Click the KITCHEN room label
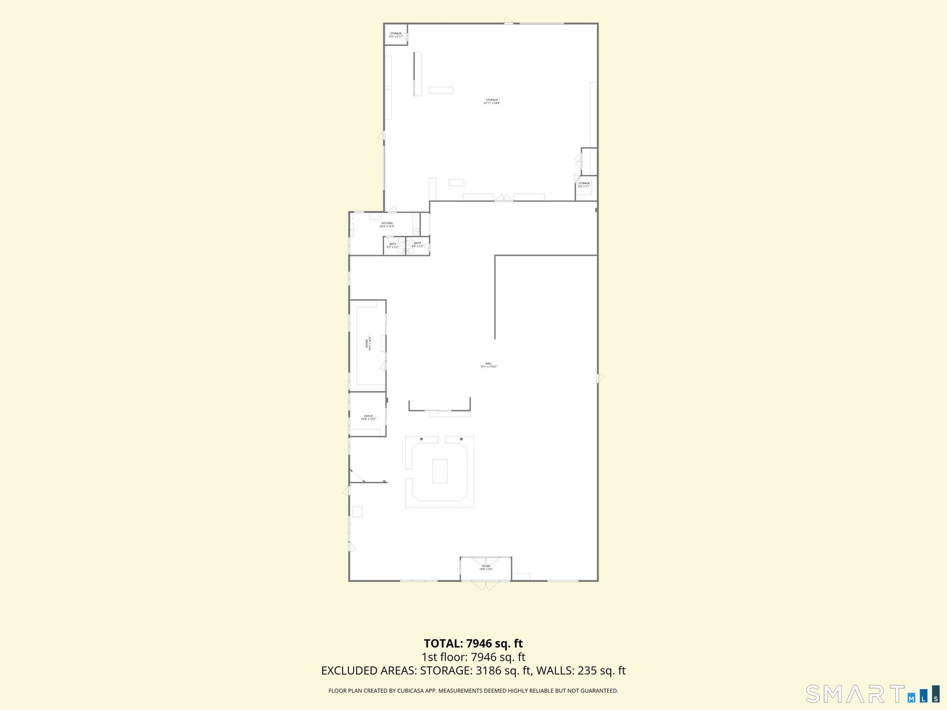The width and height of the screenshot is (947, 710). click(387, 224)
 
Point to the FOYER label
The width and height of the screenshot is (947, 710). click(486, 567)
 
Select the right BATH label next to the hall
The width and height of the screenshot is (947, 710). click(417, 244)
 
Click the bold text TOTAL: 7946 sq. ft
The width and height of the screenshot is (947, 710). click(473, 644)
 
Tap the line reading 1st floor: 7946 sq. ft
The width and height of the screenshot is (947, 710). click(473, 657)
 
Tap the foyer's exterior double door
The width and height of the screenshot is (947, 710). click(486, 585)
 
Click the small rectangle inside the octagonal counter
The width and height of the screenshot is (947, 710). click(439, 471)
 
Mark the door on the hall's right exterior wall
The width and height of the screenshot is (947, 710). click(600, 378)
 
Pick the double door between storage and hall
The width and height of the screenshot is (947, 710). click(504, 198)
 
